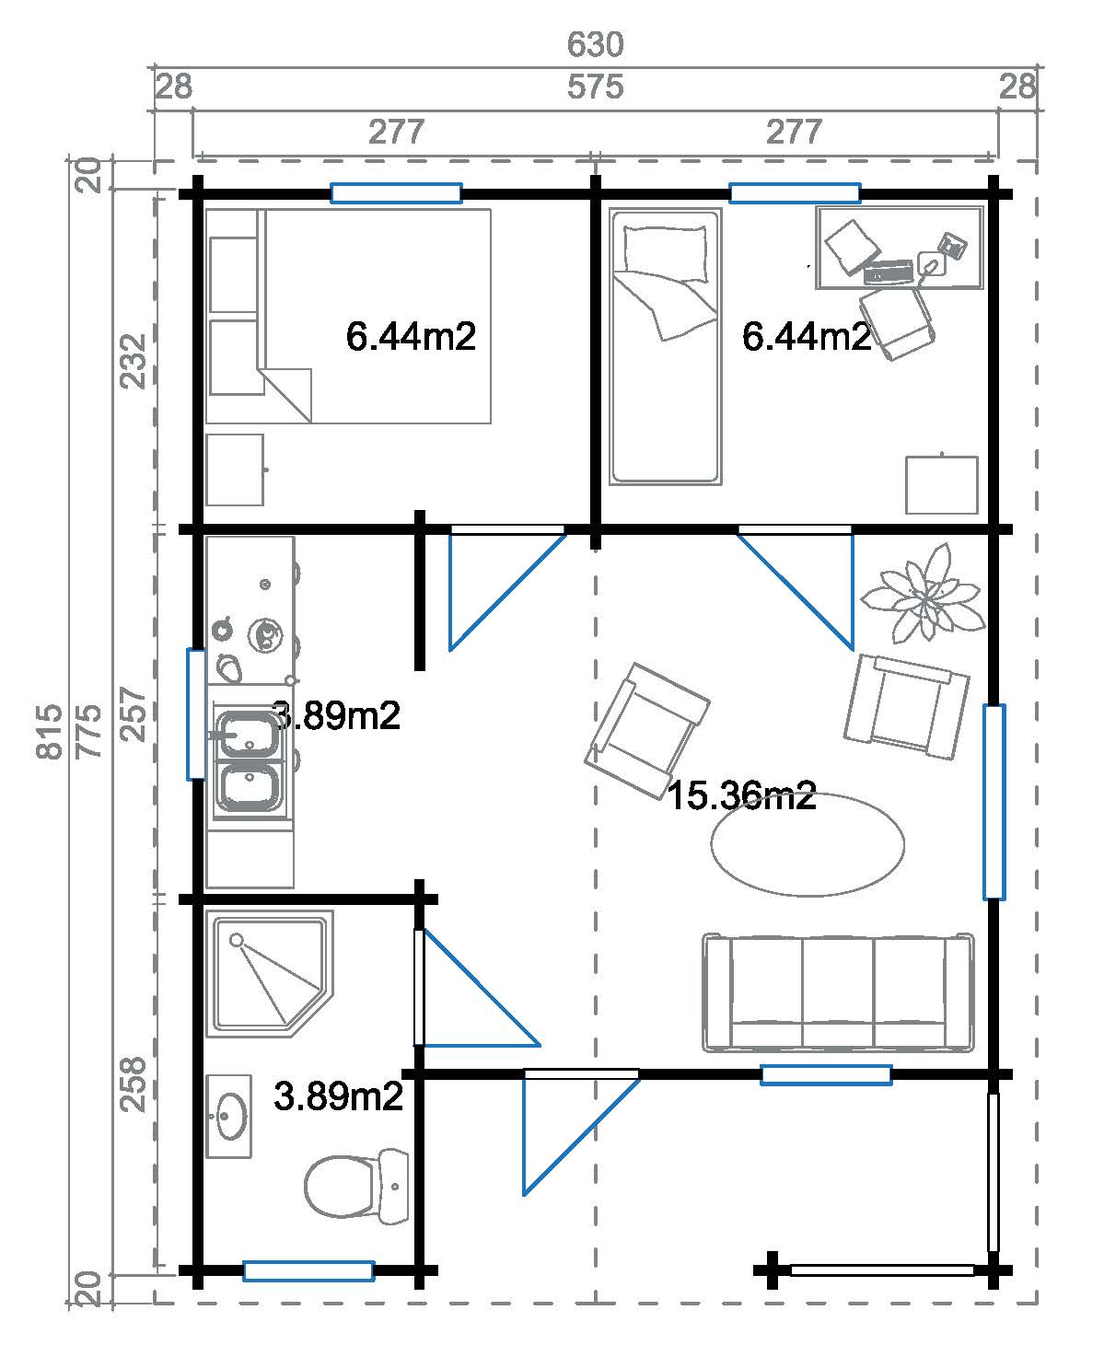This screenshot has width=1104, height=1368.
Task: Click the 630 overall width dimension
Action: (595, 44)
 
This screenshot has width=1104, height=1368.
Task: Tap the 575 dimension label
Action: (595, 87)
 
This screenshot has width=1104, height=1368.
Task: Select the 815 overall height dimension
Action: (50, 731)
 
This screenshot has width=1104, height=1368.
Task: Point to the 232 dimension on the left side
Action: (134, 361)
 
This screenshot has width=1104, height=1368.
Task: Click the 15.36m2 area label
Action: (742, 795)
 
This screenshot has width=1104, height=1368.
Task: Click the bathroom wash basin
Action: (229, 1116)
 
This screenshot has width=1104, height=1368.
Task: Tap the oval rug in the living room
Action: (808, 845)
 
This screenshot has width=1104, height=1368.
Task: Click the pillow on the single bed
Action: (666, 253)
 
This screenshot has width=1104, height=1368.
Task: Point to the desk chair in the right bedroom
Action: (898, 322)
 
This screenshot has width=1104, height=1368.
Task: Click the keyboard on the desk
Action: (889, 272)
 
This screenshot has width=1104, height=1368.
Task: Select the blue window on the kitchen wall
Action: (196, 713)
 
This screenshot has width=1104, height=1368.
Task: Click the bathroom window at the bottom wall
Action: (308, 1270)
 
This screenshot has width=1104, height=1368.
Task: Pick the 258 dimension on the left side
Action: (134, 1084)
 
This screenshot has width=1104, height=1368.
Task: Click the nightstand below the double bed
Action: (236, 470)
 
